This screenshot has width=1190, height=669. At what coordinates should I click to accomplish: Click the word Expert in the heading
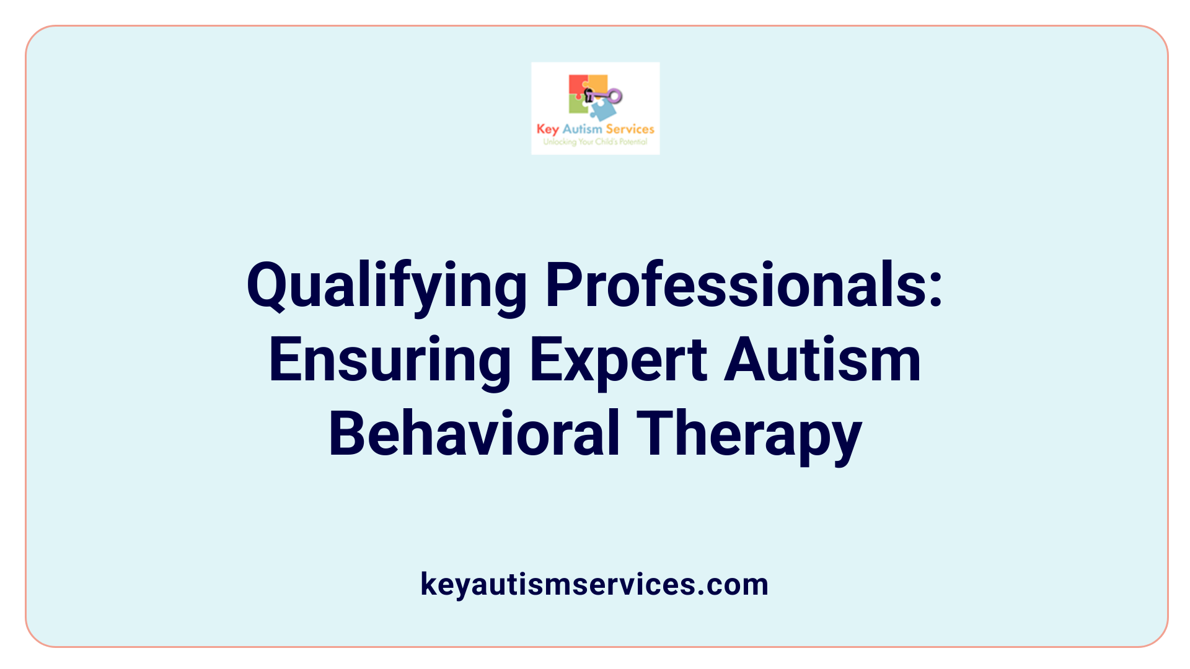pyautogui.click(x=618, y=361)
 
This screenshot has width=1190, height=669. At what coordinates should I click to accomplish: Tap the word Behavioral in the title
pyautogui.click(x=474, y=434)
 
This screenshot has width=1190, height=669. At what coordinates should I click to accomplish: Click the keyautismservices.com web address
pyautogui.click(x=594, y=584)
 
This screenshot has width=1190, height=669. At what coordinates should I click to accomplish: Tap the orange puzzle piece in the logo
pyautogui.click(x=597, y=84)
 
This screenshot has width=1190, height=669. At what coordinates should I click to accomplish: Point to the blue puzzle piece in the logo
pyautogui.click(x=602, y=110)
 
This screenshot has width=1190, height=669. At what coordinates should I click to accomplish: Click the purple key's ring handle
pyautogui.click(x=615, y=95)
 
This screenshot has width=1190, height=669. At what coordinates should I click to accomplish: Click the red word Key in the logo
pyautogui.click(x=547, y=129)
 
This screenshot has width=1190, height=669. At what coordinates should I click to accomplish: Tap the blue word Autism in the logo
pyautogui.click(x=582, y=129)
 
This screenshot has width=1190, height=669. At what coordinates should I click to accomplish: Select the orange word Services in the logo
pyautogui.click(x=630, y=129)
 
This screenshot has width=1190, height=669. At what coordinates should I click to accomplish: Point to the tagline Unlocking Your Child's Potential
pyautogui.click(x=595, y=142)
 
